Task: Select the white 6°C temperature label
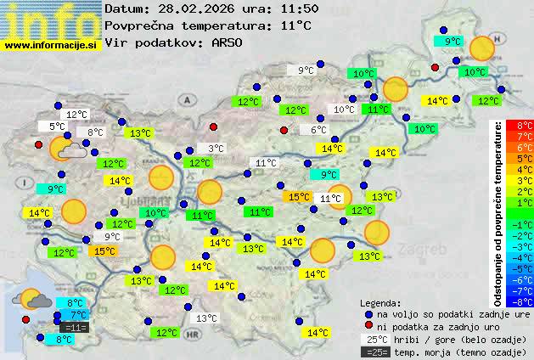click(x=317, y=130)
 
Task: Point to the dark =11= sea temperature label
click(x=74, y=327)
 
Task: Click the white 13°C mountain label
click(x=205, y=318)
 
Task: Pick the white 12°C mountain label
click(x=76, y=115)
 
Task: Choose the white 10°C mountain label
click(x=344, y=110)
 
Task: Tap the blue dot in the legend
click(x=368, y=313)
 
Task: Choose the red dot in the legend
click(x=368, y=326)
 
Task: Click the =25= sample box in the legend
click(x=379, y=352)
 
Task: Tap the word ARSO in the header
click(x=228, y=42)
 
